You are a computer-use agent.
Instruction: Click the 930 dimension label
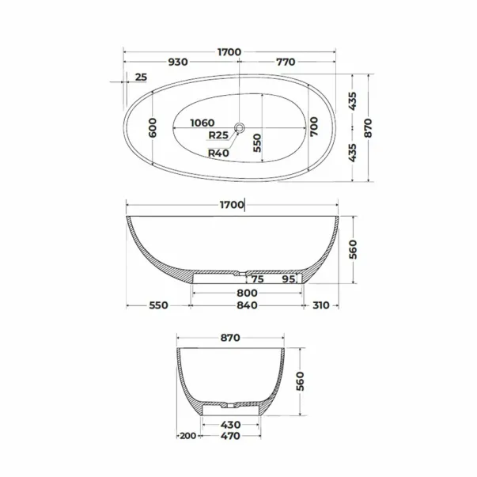tap(178, 62)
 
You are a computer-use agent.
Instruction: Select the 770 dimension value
tap(286, 62)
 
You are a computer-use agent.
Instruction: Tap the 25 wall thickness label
tap(141, 78)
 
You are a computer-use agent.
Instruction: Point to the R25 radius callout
tap(218, 134)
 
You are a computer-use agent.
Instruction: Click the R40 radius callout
tap(218, 153)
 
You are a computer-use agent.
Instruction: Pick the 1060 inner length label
tap(203, 123)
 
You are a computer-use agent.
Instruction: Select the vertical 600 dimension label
tap(153, 128)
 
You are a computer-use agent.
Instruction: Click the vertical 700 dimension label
tap(313, 127)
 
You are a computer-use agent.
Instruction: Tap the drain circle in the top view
tap(240, 127)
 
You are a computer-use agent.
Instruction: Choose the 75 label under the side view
tap(257, 279)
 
